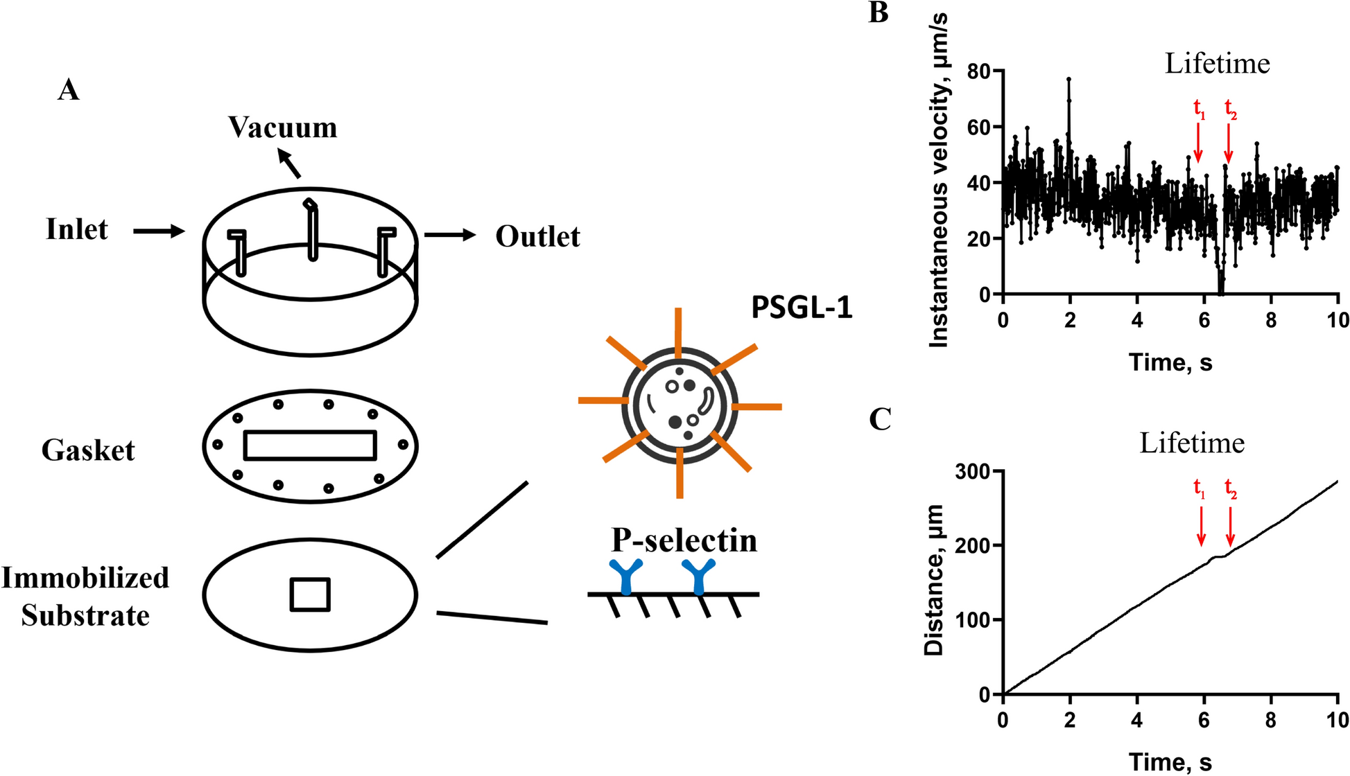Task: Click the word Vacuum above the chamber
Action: (x=283, y=127)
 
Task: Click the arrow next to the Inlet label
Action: (x=159, y=231)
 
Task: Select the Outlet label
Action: (x=537, y=237)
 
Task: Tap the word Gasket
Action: (x=88, y=450)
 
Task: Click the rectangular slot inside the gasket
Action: (x=310, y=446)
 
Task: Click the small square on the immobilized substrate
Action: (x=310, y=594)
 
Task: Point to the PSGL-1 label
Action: (x=802, y=308)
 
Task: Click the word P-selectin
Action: (x=684, y=540)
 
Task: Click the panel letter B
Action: (x=878, y=12)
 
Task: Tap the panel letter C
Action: (x=880, y=419)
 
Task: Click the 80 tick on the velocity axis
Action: (x=979, y=71)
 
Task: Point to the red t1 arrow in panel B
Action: (x=1197, y=142)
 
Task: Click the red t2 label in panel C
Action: (x=1231, y=488)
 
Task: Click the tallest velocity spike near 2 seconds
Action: (x=1068, y=80)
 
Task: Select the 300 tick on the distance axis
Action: (x=972, y=472)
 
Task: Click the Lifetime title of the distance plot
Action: (x=1192, y=443)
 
